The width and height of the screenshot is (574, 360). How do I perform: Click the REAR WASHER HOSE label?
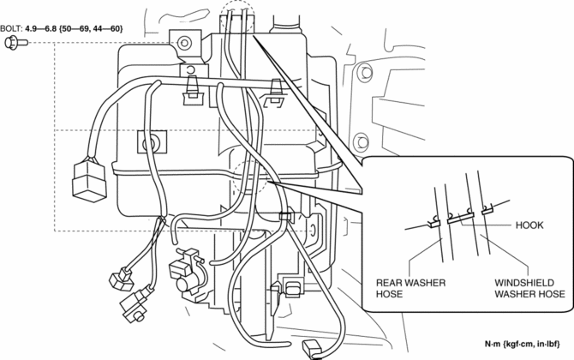[405, 287]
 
